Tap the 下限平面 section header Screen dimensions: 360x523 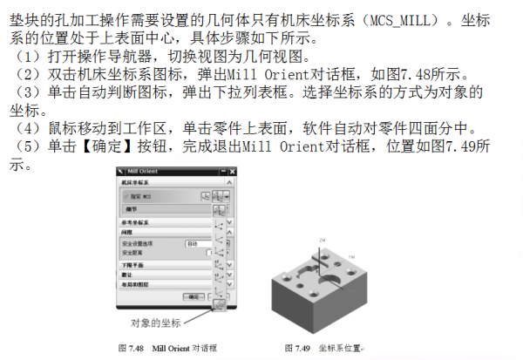tap(134, 264)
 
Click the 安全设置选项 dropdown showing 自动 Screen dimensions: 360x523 tap(200, 243)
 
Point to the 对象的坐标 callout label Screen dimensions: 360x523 tap(154, 324)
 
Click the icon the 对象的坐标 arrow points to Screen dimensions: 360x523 tap(219, 304)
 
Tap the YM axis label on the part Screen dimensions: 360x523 tap(354, 257)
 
